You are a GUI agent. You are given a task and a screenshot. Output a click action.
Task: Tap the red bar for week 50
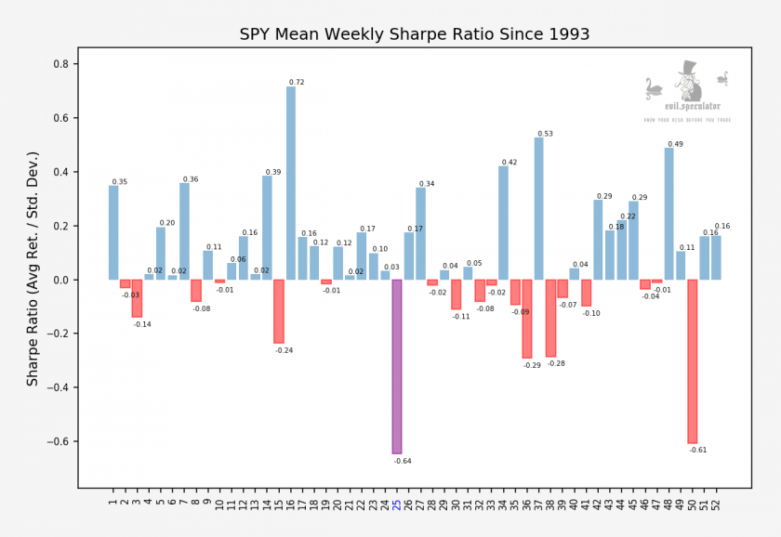point(693,361)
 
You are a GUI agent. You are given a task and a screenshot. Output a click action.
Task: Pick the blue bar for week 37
point(539,208)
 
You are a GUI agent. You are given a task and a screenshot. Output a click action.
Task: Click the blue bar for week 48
point(668,214)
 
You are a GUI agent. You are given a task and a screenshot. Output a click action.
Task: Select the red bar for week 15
point(279,311)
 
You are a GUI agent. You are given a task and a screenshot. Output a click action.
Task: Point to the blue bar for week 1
point(113,232)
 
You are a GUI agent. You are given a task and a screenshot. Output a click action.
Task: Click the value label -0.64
point(403,461)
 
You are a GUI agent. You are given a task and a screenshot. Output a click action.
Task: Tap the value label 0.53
point(545,134)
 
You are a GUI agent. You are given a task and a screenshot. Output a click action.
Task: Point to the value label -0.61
point(698,450)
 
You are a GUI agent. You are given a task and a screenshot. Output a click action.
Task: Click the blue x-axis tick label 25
point(397,504)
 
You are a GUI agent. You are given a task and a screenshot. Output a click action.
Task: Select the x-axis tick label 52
point(717,504)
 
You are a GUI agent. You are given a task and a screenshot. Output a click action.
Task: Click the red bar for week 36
point(527,319)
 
